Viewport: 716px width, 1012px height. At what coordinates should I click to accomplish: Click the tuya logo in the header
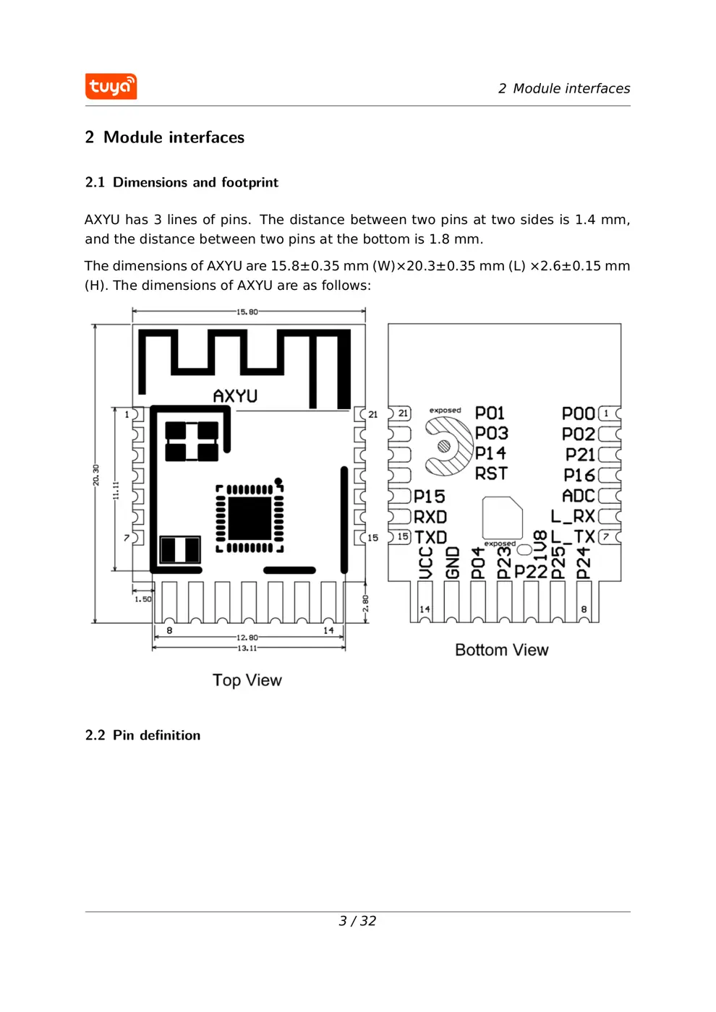coord(111,87)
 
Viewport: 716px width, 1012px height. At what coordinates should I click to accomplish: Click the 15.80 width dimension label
coord(247,312)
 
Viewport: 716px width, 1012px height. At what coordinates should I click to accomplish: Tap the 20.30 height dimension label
coord(95,474)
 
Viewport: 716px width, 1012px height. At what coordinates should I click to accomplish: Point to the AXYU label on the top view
coord(235,396)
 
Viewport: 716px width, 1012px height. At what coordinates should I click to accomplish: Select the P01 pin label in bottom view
coord(490,413)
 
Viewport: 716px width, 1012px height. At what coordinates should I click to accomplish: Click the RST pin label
coord(491,473)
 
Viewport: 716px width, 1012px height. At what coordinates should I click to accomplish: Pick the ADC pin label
coord(578,496)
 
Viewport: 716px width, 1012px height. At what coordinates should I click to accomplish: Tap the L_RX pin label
coord(572,516)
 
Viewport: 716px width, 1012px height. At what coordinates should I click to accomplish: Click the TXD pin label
coord(430,537)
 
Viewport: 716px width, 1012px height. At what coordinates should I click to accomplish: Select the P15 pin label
coord(429,497)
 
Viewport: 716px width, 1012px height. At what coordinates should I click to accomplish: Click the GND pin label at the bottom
coord(453,562)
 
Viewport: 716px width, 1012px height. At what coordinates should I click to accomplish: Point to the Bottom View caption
coord(501,650)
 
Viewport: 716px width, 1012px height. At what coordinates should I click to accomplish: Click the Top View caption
coord(247,680)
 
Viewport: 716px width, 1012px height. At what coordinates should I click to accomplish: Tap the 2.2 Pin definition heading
coord(142,735)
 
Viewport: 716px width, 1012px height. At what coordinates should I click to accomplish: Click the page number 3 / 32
coord(357,921)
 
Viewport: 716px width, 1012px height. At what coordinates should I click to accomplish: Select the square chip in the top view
coord(250,518)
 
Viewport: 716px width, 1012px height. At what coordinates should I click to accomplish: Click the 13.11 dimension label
coord(247,648)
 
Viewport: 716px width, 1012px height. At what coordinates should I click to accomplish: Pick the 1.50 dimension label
coord(143,599)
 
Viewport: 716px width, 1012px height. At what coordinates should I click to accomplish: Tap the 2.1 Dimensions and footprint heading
coord(182,182)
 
